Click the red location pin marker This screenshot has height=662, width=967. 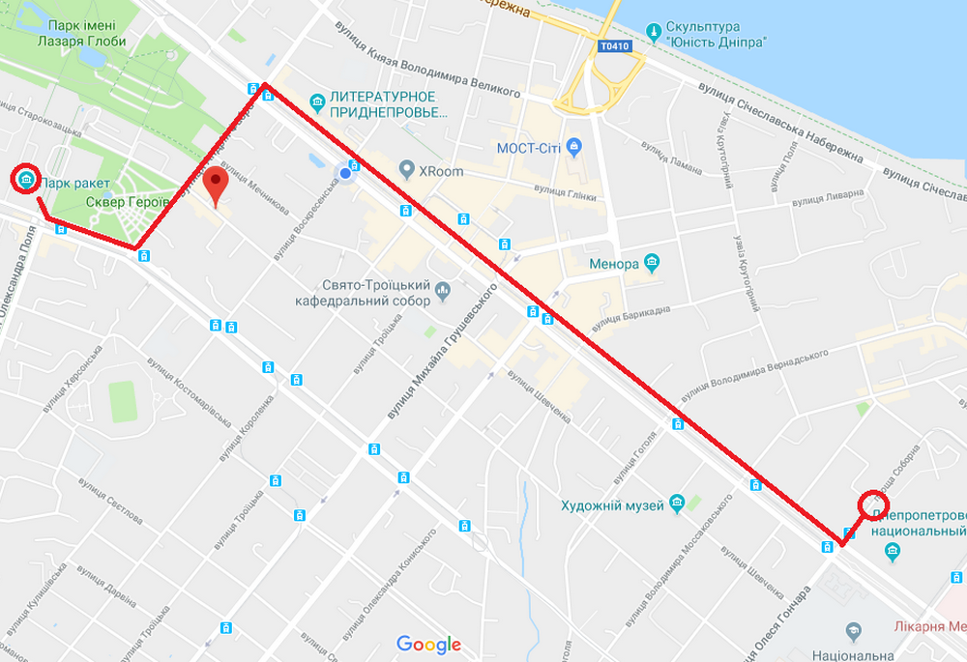[216, 182]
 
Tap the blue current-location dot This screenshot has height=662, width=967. [343, 173]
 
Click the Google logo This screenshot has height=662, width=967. [428, 645]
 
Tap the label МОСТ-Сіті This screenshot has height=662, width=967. [531, 148]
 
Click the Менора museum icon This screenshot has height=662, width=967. [653, 262]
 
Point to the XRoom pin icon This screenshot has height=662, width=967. [407, 171]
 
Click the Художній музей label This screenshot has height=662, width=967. [613, 505]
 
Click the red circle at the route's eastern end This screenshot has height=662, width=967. [873, 504]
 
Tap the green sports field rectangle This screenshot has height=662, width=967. [123, 401]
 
